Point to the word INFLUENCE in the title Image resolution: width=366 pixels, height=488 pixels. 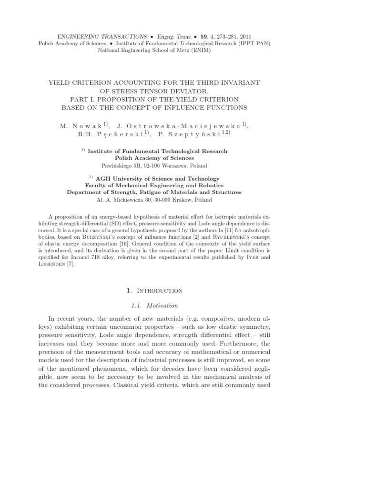click(189, 107)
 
